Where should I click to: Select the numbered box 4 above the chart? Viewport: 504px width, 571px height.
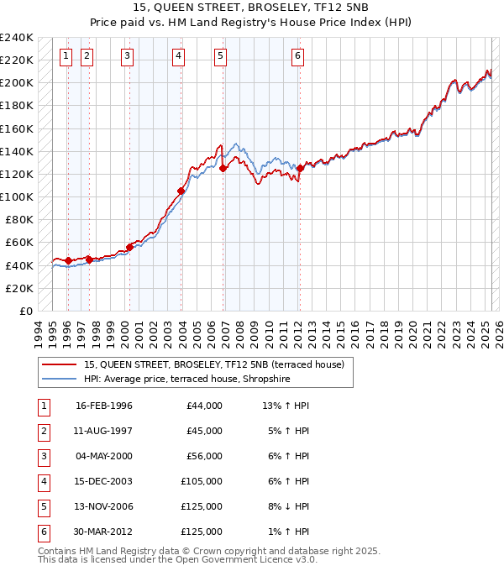click(180, 56)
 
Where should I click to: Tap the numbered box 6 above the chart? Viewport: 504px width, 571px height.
click(298, 56)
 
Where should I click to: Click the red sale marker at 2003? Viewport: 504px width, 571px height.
click(181, 191)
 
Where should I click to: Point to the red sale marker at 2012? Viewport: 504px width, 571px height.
click(300, 169)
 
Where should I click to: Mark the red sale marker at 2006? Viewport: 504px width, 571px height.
click(223, 169)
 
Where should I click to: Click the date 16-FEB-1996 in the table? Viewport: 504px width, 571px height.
click(104, 406)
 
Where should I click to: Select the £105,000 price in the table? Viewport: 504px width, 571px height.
click(202, 481)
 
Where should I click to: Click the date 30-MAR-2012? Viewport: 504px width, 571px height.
click(104, 532)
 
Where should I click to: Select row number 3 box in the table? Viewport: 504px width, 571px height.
click(43, 456)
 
